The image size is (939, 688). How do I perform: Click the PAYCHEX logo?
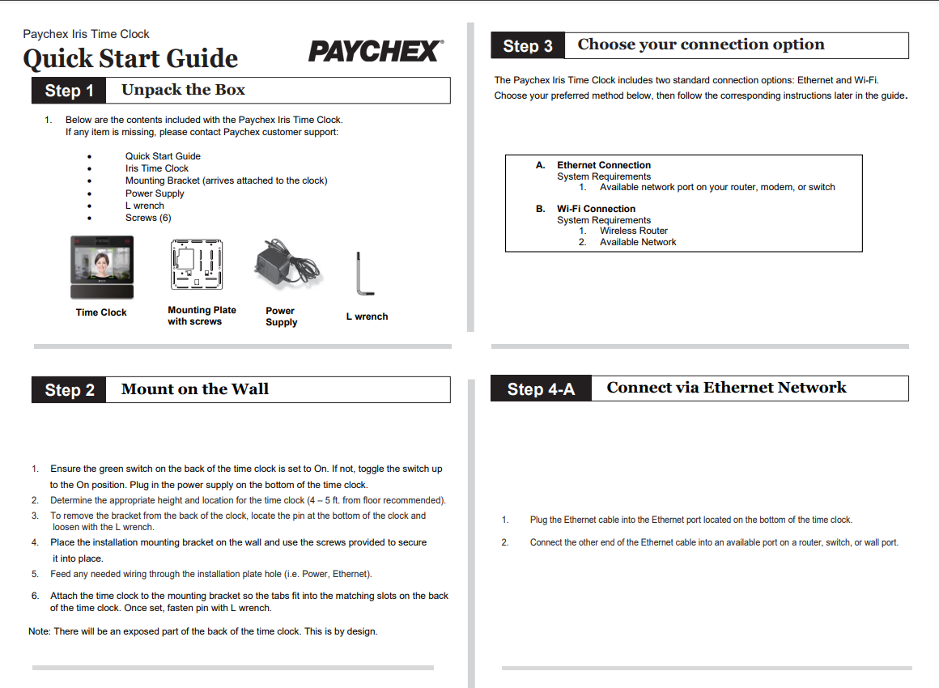pos(376,52)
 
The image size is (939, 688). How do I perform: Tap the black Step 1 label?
pos(69,91)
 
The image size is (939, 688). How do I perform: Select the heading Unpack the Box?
pos(183,90)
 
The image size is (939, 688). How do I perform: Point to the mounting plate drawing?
pos(197,265)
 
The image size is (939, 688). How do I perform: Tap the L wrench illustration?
pos(361,275)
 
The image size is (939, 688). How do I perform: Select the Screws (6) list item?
pos(148,218)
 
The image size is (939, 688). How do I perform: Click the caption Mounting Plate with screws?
pos(202,316)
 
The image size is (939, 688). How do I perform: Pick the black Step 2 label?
pos(70,390)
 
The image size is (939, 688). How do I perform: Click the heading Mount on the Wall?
pos(194,389)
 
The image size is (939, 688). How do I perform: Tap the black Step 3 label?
pos(528,46)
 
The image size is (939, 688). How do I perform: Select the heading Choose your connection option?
pos(701,45)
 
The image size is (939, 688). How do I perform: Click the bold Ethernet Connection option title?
pos(603,165)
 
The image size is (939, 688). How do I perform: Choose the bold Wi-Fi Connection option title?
pos(596,209)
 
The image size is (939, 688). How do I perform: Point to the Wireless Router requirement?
pos(633,231)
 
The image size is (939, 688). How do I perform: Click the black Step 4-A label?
pos(541,389)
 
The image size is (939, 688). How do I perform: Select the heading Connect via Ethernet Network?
pos(726,388)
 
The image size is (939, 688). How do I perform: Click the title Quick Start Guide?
pos(130,59)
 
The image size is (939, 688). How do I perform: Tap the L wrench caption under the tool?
pos(367,316)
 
